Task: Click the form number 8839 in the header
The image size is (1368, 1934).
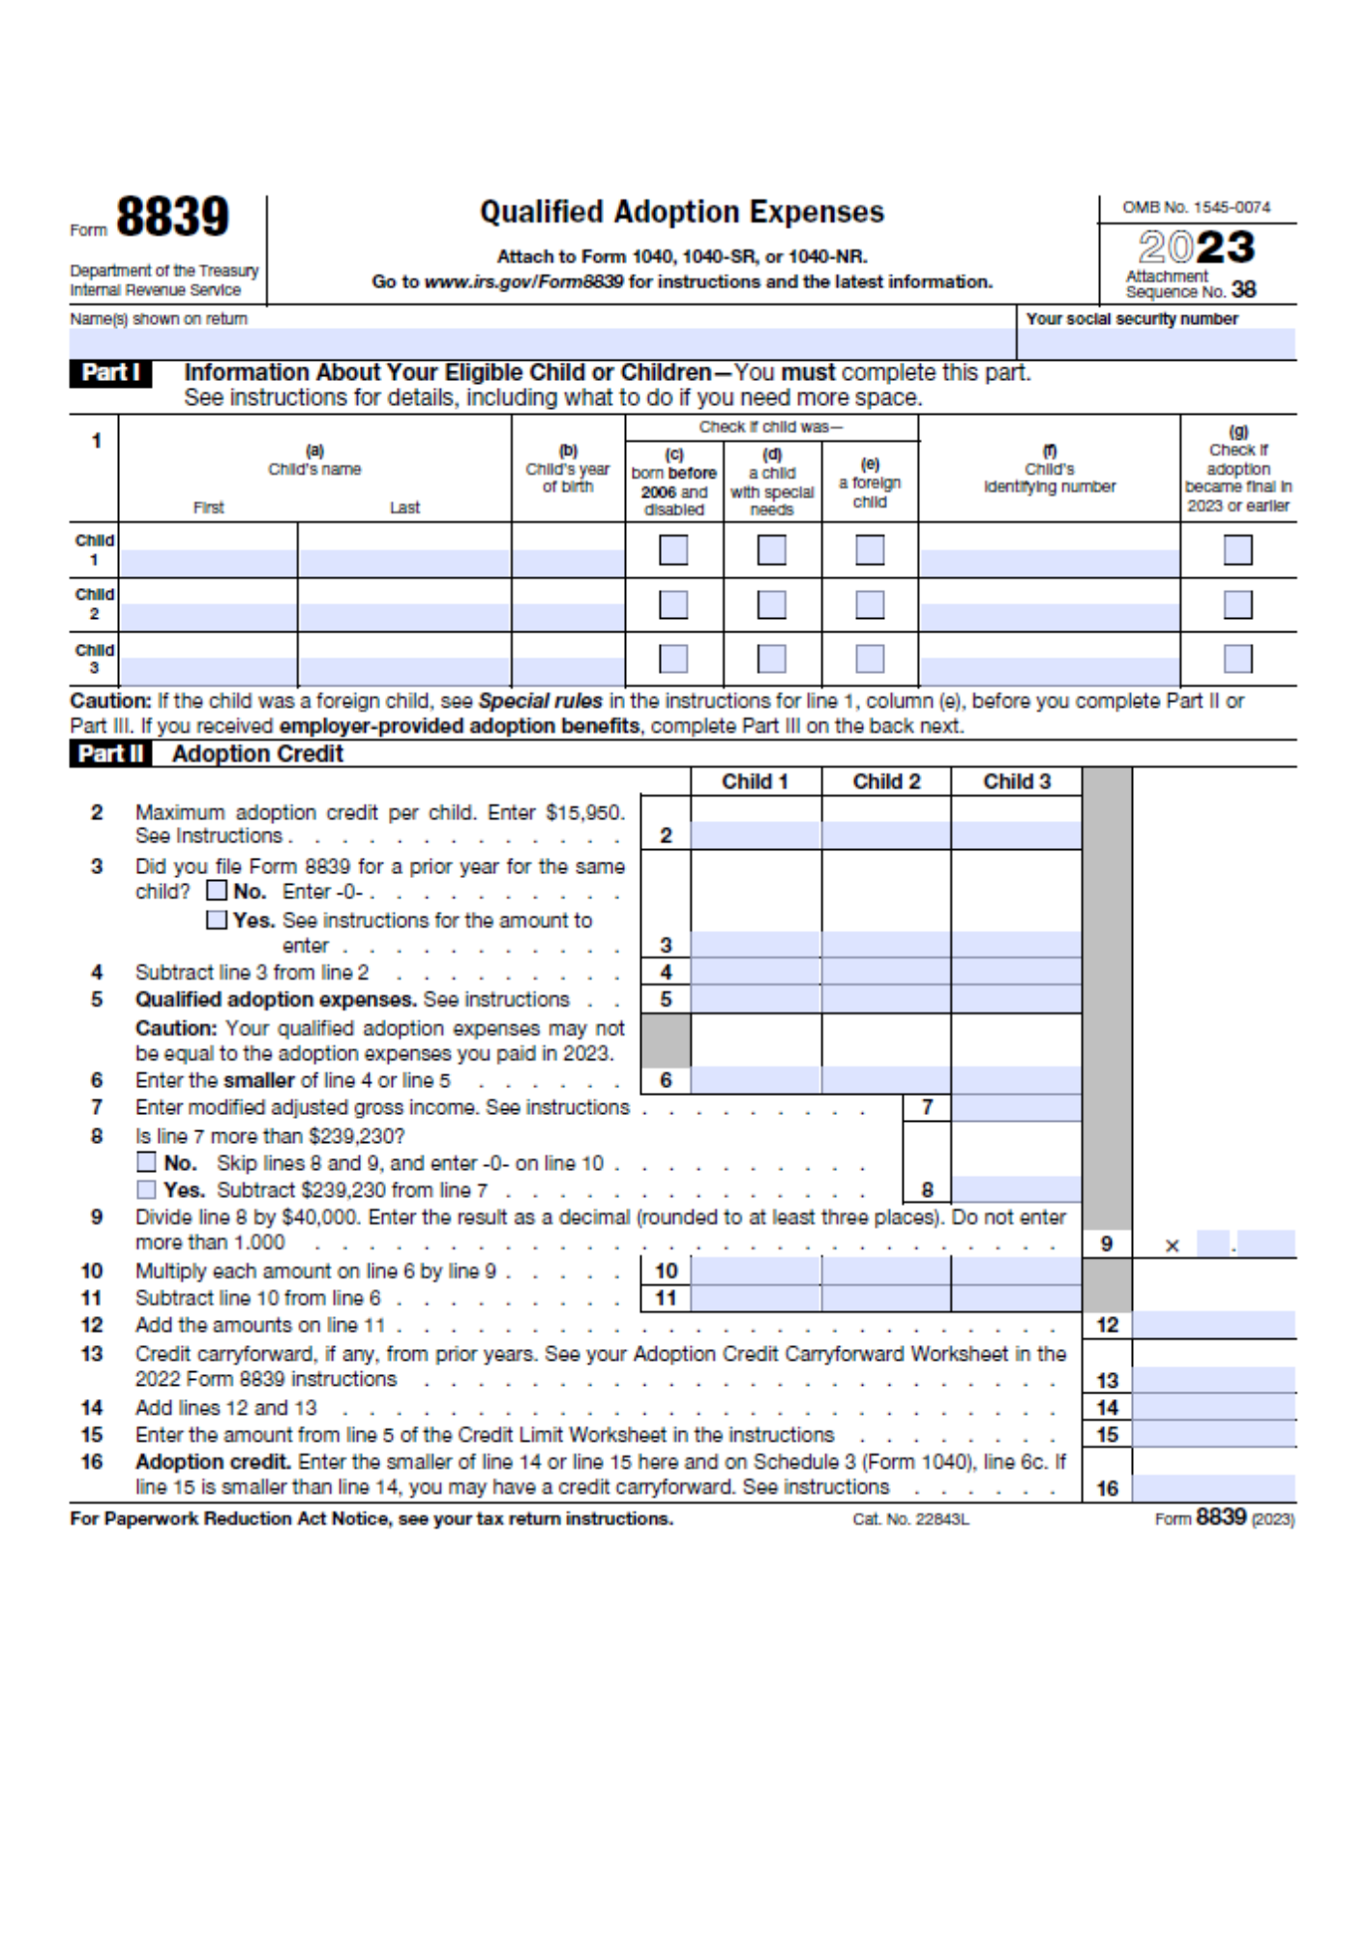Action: [172, 217]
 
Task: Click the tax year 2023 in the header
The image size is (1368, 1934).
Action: [1196, 247]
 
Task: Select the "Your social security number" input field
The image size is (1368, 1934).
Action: [1155, 343]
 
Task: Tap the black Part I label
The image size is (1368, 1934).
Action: [110, 373]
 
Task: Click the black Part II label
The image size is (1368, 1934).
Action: [110, 754]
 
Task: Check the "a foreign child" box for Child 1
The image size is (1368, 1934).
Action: [870, 550]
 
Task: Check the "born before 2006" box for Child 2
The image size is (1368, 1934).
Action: [673, 605]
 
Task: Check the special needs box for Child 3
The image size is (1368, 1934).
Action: [771, 659]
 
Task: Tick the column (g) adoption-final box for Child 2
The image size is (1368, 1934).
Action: [1237, 605]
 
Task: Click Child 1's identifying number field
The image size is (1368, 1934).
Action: [1049, 563]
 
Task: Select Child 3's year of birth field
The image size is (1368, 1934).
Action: [568, 671]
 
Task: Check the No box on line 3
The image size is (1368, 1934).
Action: [218, 891]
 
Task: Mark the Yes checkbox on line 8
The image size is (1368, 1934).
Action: [146, 1189]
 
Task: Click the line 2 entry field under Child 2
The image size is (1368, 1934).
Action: [886, 835]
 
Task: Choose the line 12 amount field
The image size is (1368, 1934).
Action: [1213, 1325]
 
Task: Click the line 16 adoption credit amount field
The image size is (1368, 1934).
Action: [1213, 1487]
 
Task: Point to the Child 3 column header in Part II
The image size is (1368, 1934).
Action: [1016, 781]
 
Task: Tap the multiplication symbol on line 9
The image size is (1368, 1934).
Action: [1172, 1245]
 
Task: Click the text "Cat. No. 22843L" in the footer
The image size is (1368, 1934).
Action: [910, 1519]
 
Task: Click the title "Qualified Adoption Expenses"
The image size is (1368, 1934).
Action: [682, 212]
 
